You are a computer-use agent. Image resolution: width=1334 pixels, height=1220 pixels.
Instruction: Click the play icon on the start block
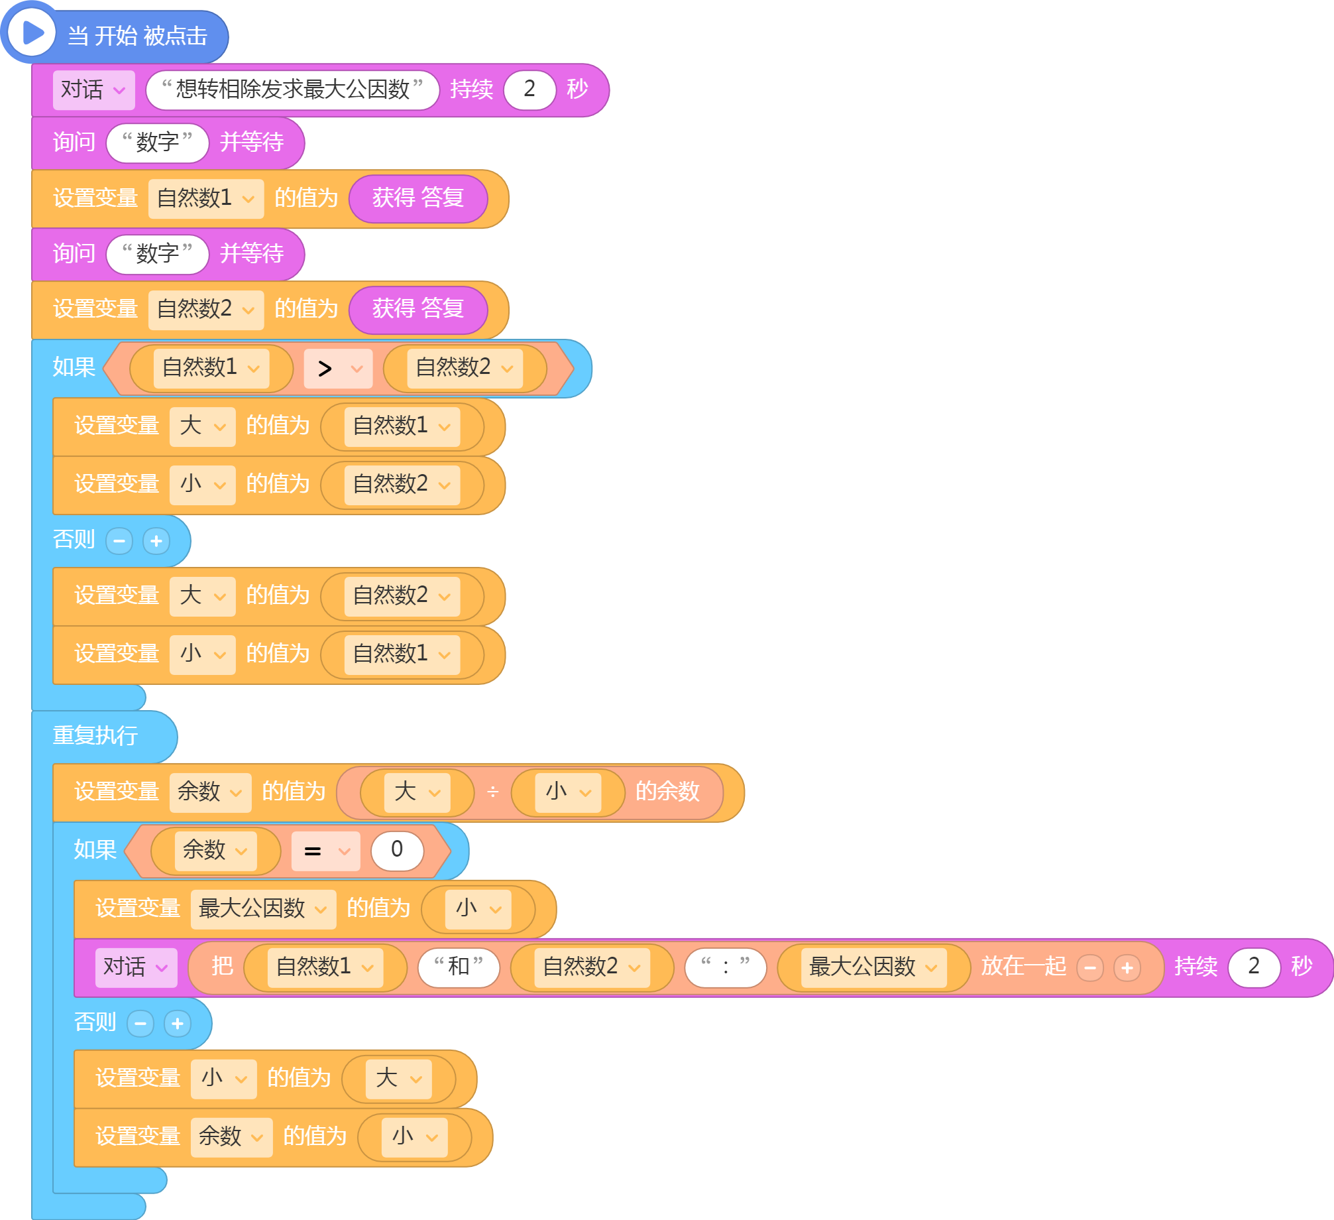(32, 32)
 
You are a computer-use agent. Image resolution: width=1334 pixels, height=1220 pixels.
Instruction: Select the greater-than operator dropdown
(338, 369)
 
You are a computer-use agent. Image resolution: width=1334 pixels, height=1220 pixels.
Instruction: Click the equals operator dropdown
(325, 851)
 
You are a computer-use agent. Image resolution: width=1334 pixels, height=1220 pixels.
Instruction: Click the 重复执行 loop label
(95, 735)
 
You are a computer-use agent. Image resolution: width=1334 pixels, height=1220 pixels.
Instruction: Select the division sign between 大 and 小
(492, 792)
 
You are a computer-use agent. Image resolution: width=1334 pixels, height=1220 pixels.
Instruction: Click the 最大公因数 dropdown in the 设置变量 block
(263, 909)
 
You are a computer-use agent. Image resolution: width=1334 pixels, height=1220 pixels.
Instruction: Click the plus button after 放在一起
(1127, 968)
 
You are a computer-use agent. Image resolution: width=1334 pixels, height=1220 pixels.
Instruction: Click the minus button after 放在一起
(1090, 968)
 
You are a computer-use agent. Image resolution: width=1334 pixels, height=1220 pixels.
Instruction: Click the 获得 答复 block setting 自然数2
(418, 310)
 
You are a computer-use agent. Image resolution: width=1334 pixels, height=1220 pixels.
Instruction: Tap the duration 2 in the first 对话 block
(529, 90)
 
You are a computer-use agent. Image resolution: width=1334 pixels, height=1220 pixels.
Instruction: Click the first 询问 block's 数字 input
(157, 143)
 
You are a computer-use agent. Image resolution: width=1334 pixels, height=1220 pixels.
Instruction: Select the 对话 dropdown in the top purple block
(93, 90)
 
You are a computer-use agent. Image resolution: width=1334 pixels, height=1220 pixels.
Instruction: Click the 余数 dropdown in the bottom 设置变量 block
(231, 1137)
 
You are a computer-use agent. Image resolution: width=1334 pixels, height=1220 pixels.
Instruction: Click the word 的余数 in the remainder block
(667, 792)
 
